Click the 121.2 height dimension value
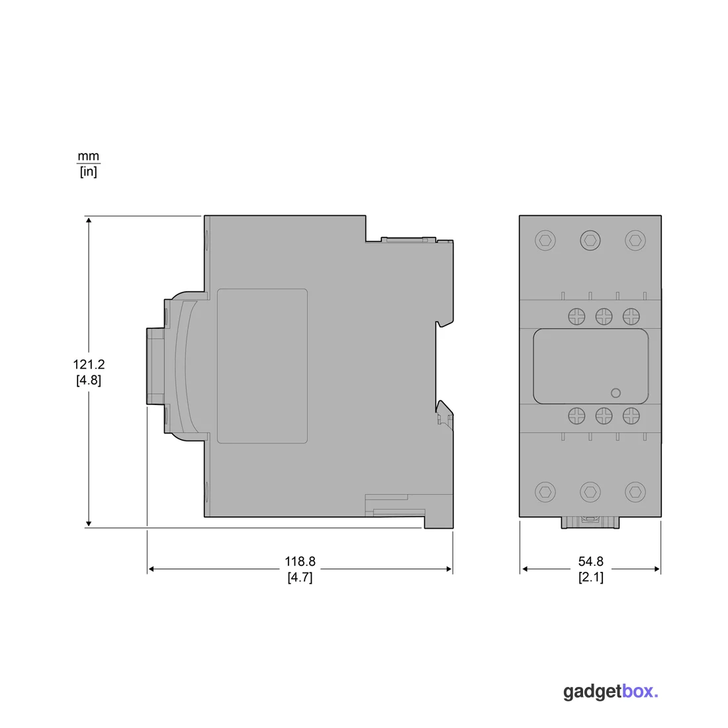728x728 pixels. coord(89,365)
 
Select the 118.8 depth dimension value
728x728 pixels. coord(300,562)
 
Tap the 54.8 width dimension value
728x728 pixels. coord(590,562)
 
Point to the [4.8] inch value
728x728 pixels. coord(89,381)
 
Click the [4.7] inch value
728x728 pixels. coord(300,578)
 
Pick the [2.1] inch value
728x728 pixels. coord(590,578)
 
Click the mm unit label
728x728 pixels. coord(88,156)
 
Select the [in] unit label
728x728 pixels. coord(88,171)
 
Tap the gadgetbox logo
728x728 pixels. coord(611,692)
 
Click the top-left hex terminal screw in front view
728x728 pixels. coord(545,240)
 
